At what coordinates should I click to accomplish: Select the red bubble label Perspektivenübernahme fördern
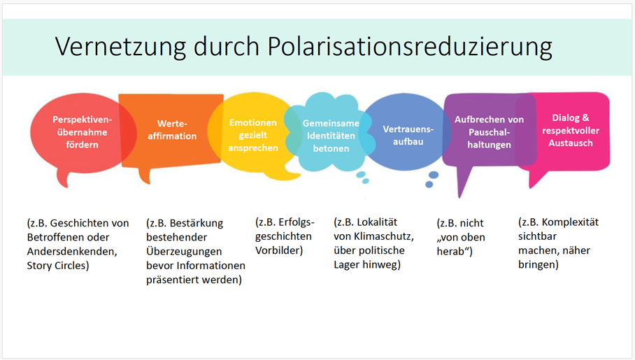coord(83,132)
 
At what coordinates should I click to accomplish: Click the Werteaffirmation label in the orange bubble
coord(172,130)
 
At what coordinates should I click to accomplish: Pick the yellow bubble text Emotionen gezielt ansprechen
coord(252,135)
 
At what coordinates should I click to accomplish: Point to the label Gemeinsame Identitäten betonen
coord(331,136)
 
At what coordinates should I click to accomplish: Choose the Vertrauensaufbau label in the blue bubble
coord(408,135)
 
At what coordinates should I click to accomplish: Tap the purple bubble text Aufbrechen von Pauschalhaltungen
coord(489,132)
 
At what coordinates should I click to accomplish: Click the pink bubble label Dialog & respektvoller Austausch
coord(571,131)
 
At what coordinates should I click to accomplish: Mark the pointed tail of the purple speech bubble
coord(459,197)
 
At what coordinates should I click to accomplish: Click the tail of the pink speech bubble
coord(531,187)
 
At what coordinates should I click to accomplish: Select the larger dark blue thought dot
coord(434,175)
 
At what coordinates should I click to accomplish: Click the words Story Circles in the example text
coord(58,266)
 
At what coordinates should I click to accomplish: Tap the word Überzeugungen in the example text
coord(184,252)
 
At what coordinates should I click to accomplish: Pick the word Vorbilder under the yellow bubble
coord(279,250)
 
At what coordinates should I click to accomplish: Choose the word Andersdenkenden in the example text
coord(72,252)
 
